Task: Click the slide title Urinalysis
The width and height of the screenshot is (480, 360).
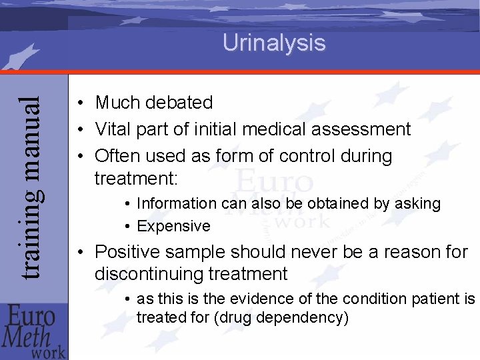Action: coord(274,43)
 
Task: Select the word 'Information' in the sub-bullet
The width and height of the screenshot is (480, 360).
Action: coord(176,204)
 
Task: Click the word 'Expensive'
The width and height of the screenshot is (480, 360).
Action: coord(173,227)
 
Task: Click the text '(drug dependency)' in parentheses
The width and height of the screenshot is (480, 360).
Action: coord(288,317)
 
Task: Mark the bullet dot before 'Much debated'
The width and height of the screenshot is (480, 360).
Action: coord(79,103)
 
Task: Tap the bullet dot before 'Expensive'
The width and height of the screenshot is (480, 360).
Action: coord(126,227)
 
